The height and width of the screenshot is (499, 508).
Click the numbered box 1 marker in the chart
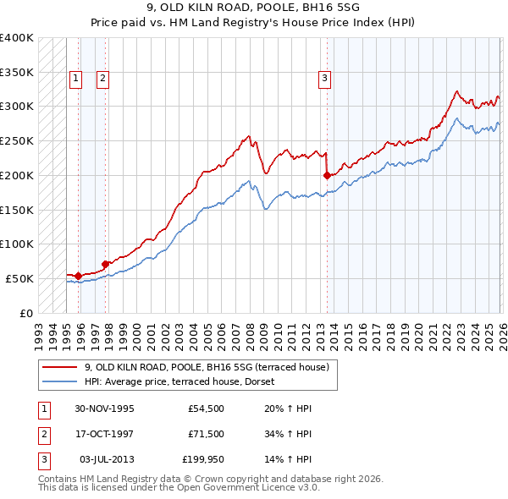[x=75, y=79]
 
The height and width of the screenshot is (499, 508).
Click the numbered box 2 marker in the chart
[x=102, y=79]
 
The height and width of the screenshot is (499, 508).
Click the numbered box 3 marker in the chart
[x=324, y=79]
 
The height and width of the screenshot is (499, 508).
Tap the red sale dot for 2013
[x=327, y=176]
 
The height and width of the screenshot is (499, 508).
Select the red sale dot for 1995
[x=79, y=276]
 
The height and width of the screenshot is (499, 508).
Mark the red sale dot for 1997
[x=105, y=264]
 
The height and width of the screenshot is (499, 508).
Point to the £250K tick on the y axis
[x=17, y=141]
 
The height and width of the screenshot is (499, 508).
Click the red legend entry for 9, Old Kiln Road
[x=211, y=367]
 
